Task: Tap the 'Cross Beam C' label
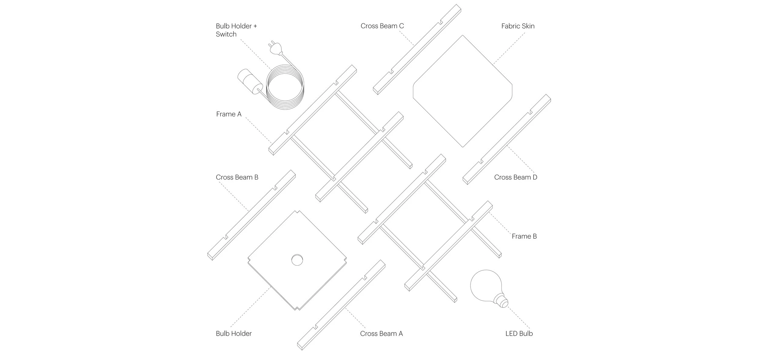click(382, 26)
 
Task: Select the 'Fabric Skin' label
click(518, 26)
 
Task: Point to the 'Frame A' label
click(229, 114)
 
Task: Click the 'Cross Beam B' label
click(237, 177)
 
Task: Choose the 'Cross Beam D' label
click(515, 177)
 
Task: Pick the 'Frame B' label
click(524, 236)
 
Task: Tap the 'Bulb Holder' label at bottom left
click(233, 334)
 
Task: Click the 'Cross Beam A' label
click(381, 334)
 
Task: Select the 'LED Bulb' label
click(519, 334)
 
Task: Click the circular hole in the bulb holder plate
click(297, 260)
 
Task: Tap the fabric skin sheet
click(462, 91)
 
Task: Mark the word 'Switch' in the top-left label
click(226, 34)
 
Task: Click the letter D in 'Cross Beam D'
click(535, 177)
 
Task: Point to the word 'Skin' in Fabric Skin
click(528, 26)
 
